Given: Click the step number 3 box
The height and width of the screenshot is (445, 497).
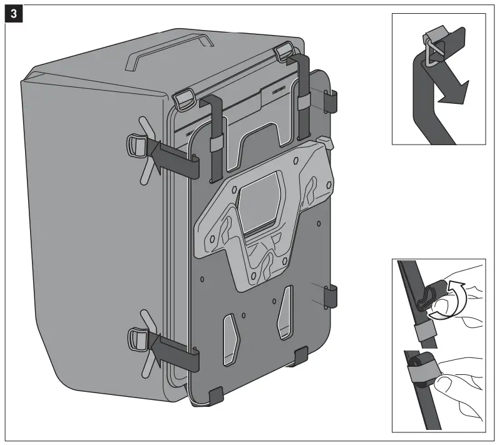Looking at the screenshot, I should [14, 14].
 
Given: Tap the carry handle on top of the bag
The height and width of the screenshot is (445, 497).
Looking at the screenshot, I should [169, 49].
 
